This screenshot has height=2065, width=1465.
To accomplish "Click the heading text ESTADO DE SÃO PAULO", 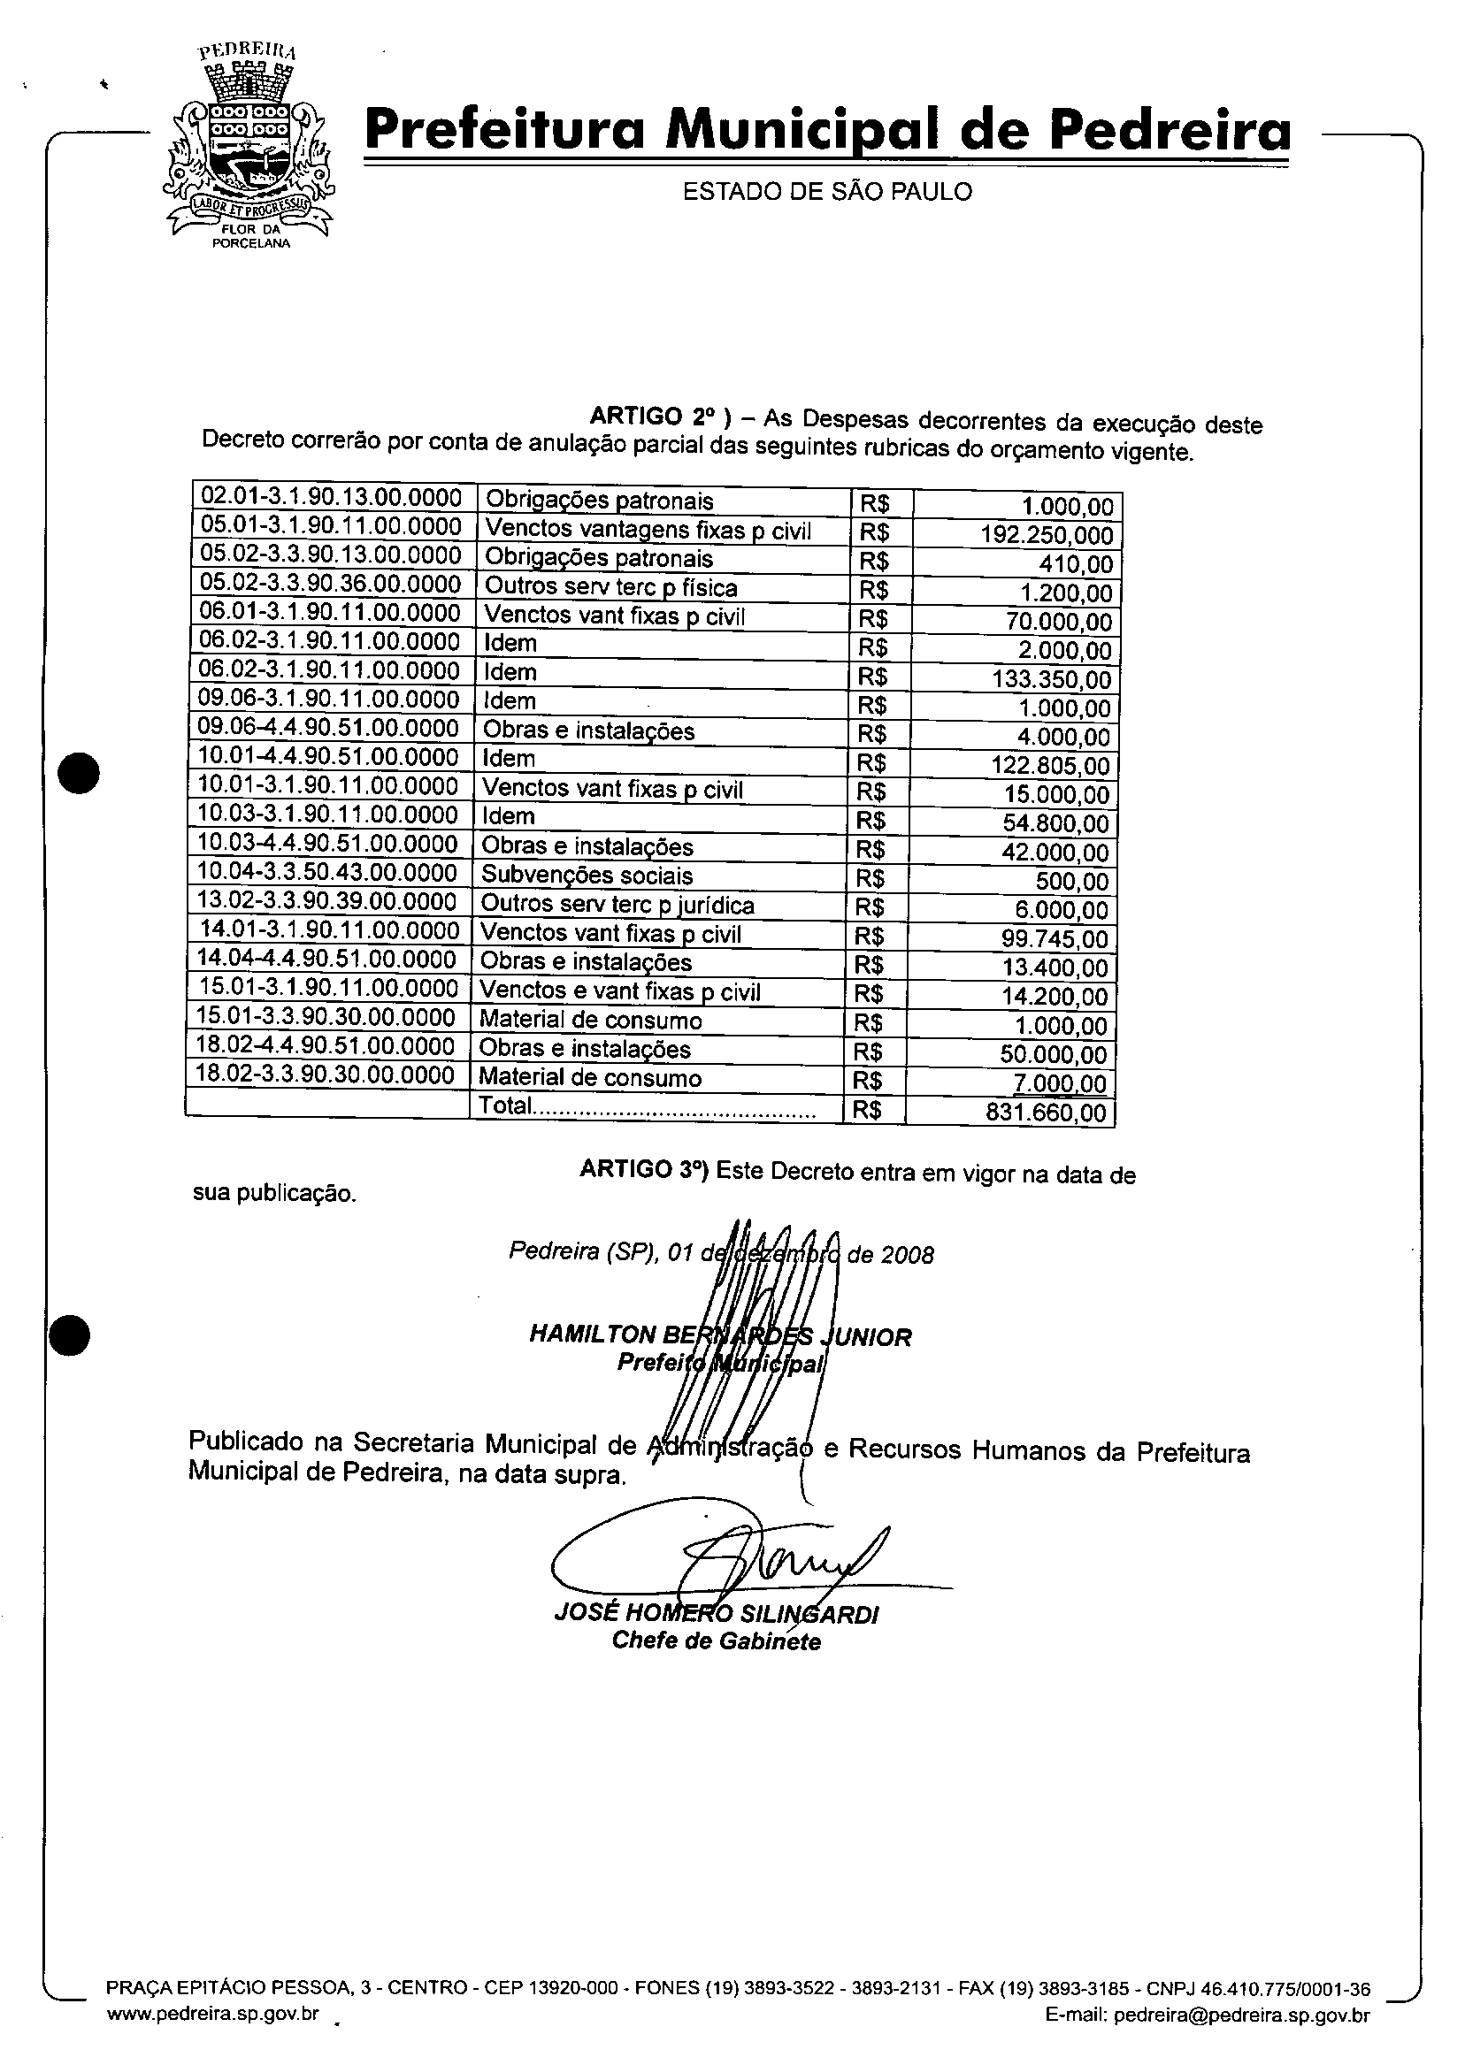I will pyautogui.click(x=826, y=191).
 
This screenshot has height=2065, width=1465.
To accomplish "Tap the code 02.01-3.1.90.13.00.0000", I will pyautogui.click(x=331, y=497).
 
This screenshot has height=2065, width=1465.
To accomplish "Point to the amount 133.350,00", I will pyautogui.click(x=1051, y=679).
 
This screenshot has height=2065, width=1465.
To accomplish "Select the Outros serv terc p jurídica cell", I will pyautogui.click(x=617, y=905).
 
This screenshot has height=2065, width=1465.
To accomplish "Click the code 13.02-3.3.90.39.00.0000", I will pyautogui.click(x=326, y=902).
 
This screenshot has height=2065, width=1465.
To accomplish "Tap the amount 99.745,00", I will pyautogui.click(x=1054, y=938).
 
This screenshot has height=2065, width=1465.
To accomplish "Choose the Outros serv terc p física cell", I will pyautogui.click(x=610, y=588).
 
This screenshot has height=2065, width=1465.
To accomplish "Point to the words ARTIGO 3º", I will pyautogui.click(x=644, y=1169).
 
